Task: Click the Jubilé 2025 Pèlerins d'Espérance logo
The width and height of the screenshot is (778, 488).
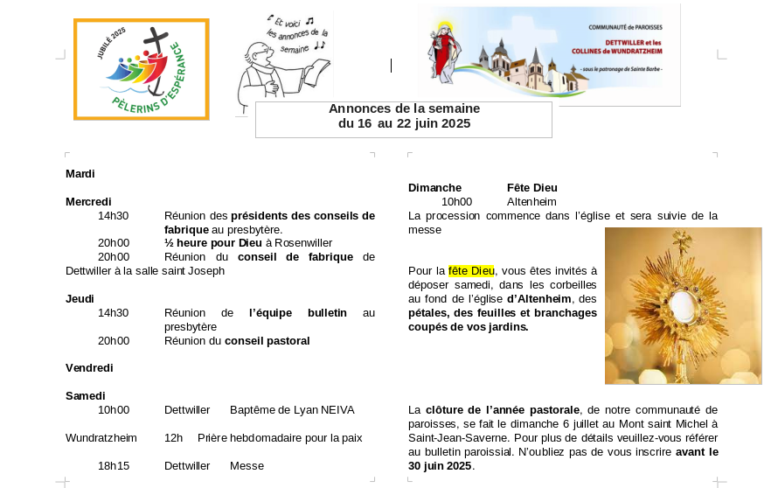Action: [142, 69]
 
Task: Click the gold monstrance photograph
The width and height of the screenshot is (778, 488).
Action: [683, 305]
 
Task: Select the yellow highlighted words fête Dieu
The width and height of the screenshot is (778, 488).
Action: [472, 271]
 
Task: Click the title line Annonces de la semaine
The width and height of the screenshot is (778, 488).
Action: [404, 108]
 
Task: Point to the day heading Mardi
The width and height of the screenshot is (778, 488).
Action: [80, 174]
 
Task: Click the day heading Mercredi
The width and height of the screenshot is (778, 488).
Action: [88, 202]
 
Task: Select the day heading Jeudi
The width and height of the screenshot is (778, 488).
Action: [80, 299]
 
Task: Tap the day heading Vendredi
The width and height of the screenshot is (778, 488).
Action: [89, 368]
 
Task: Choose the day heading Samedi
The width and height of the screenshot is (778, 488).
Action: [85, 396]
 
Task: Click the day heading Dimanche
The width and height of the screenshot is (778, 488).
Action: [434, 188]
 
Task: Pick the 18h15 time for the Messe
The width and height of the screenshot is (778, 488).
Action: [114, 466]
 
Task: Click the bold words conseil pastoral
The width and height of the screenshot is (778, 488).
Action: [267, 341]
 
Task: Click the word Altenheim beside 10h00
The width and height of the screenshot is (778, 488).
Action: [531, 202]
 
